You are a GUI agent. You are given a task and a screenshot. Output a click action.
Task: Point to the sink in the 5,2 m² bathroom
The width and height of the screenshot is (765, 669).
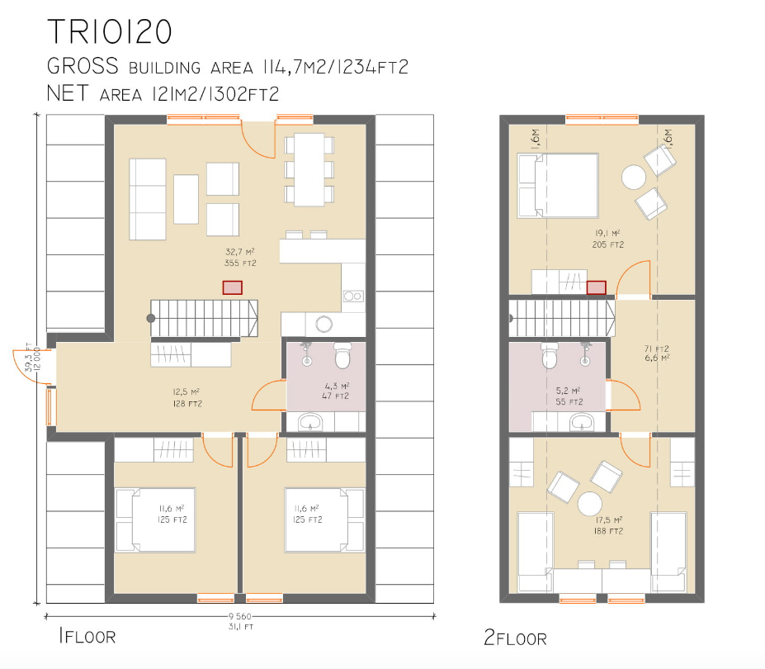pos(581,423)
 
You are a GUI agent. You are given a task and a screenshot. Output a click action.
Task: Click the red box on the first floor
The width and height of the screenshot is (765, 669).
pos(232,287)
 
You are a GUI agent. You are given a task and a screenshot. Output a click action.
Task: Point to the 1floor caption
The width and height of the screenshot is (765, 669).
pos(87,636)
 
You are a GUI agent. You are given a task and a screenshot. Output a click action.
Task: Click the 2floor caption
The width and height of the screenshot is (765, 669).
pos(515,638)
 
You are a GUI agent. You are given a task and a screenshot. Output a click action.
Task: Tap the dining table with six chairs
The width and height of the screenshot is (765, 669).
pos(310,169)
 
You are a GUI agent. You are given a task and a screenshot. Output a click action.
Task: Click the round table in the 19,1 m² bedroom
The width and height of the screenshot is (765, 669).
pos(635,178)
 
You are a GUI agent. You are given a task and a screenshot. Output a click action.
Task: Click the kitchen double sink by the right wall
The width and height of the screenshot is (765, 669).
pos(353,296)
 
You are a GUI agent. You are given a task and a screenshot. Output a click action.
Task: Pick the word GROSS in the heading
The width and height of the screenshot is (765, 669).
pos(83,67)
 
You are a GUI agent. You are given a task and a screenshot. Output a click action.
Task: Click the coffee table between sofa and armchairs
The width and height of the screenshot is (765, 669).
pos(186,199)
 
